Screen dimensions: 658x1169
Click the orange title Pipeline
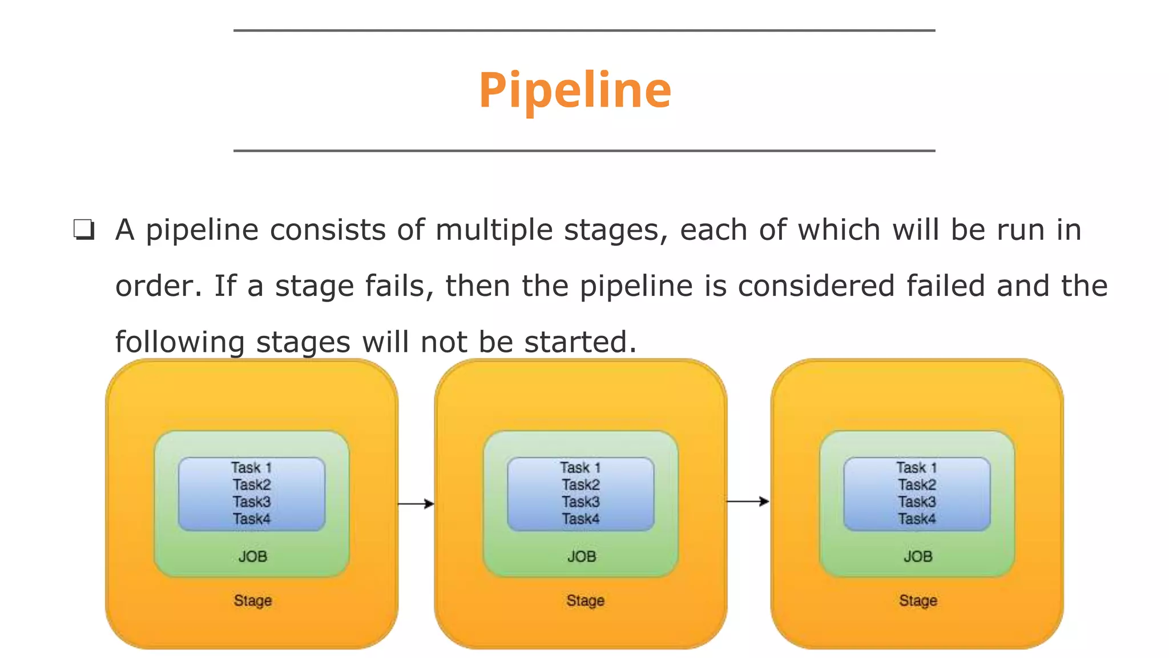click(x=575, y=90)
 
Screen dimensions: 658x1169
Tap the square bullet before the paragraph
click(x=84, y=230)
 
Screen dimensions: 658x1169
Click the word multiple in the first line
click(x=494, y=230)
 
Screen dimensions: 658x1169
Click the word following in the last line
click(x=179, y=342)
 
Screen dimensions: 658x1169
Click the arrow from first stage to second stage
click(x=416, y=504)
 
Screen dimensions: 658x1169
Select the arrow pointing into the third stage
click(x=748, y=501)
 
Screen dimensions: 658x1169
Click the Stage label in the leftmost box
click(x=252, y=600)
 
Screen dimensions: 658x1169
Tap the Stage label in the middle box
click(x=585, y=600)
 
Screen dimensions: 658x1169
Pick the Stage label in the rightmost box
click(x=918, y=600)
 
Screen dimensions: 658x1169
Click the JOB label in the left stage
click(x=252, y=556)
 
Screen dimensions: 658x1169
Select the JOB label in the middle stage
click(x=582, y=556)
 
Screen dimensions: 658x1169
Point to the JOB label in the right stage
click(x=918, y=556)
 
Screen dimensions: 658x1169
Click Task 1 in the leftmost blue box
click(x=251, y=468)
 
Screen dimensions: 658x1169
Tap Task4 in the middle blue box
click(x=581, y=519)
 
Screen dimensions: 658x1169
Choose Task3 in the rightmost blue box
click(x=917, y=501)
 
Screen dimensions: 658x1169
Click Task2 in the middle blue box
click(x=581, y=484)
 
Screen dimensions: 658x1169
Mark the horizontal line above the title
click(x=584, y=30)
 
